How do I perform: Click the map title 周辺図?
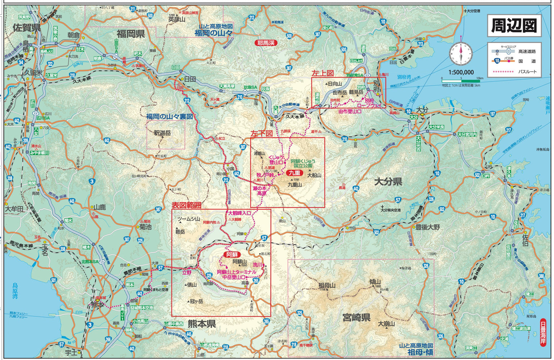[x=514, y=26]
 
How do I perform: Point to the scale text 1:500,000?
[x=461, y=72]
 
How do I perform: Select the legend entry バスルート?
[x=528, y=71]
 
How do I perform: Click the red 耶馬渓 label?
[x=266, y=42]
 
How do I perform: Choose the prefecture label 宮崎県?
[x=356, y=317]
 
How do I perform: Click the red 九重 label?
[x=294, y=173]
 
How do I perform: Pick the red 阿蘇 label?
[x=232, y=255]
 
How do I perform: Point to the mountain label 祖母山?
[x=327, y=285]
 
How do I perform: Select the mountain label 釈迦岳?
[x=162, y=133]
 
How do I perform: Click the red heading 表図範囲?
[x=186, y=205]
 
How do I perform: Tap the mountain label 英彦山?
[x=176, y=20]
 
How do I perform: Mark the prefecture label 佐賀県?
[x=26, y=27]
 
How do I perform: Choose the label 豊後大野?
[x=428, y=227]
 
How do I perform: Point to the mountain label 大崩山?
[x=386, y=324]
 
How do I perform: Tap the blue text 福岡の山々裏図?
[x=169, y=116]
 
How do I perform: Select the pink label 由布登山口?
[x=350, y=111]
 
